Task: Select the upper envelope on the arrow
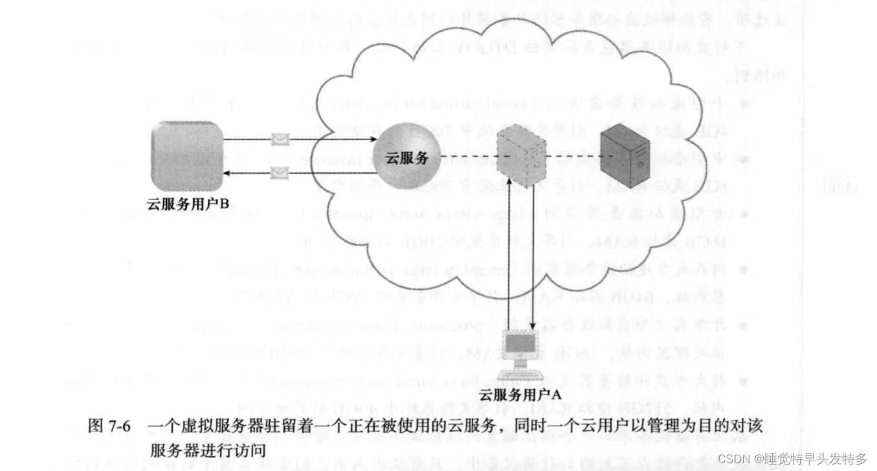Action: coord(280,139)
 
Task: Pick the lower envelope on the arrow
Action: coord(280,172)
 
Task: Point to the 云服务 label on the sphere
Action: coord(406,157)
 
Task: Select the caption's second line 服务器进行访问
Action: coord(207,448)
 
